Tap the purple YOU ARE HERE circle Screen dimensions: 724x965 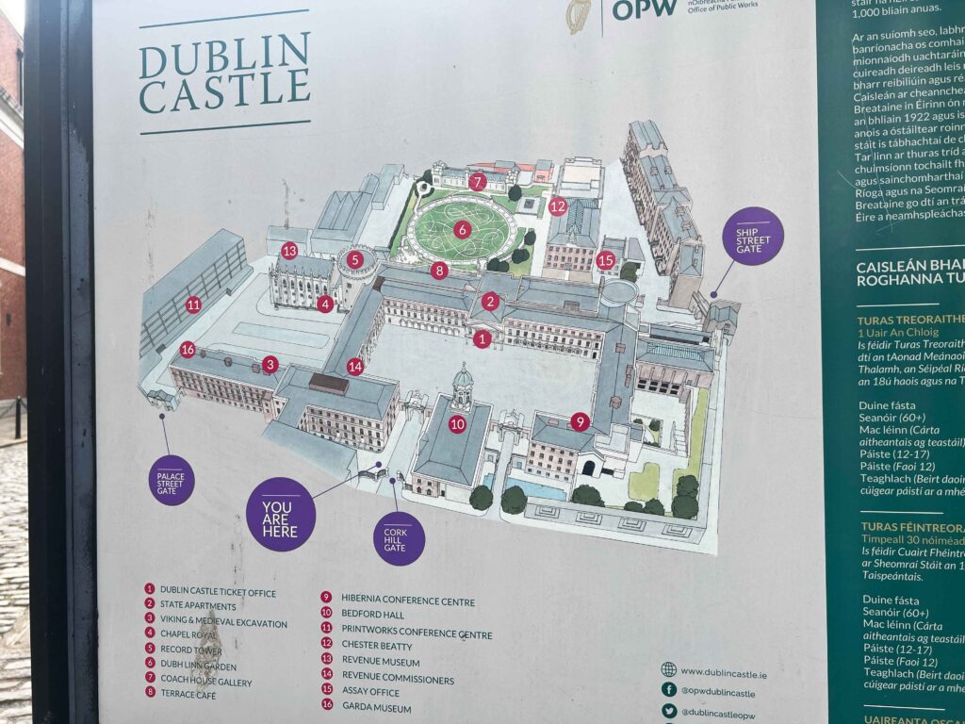280,514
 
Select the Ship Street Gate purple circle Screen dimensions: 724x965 752,236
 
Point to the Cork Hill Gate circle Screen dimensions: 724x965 399,537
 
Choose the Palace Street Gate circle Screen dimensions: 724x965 172,480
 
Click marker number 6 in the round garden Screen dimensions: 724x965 462,229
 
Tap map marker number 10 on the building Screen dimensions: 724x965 457,424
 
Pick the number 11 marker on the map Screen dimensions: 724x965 193,304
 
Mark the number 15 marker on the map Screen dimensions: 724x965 606,259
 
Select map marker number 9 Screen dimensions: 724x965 580,421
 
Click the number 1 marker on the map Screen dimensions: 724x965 482,338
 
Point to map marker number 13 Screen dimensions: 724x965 289,251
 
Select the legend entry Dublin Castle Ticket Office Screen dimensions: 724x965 218,591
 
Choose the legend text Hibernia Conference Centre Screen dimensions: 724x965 407,601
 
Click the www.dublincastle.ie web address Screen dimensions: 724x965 723,672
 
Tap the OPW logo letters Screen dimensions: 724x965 645,8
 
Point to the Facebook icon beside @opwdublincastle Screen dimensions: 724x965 669,691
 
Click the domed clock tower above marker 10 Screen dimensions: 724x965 462,382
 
